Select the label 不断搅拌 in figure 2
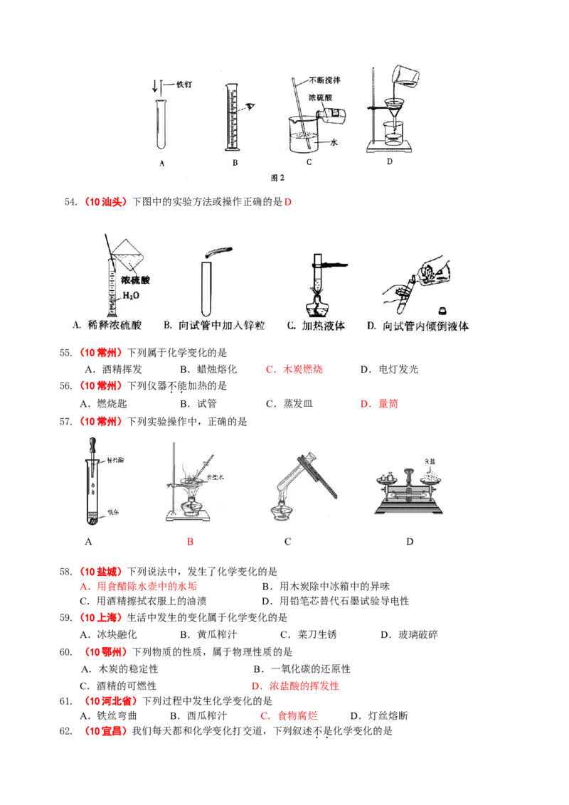(x=324, y=80)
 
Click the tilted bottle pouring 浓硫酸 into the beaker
(x=328, y=113)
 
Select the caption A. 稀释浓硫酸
(x=107, y=326)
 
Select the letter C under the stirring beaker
(x=309, y=164)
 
